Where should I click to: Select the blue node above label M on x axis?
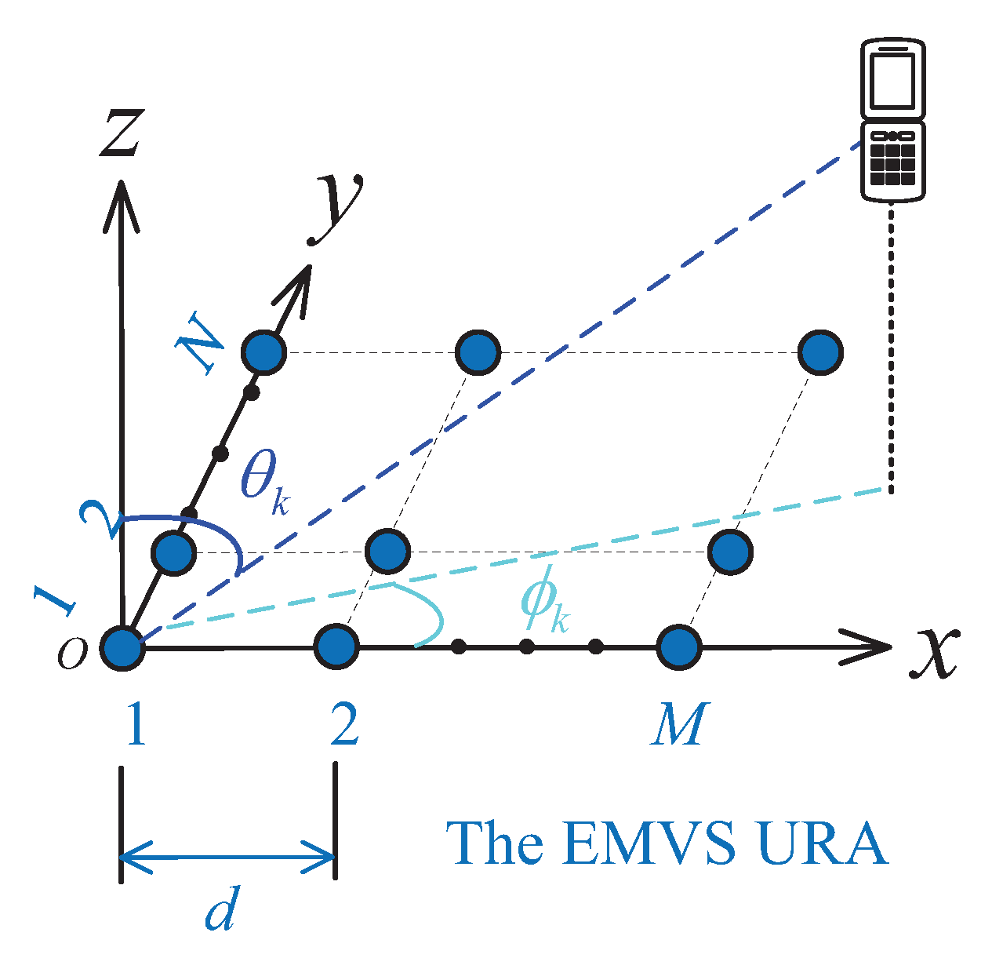click(x=678, y=648)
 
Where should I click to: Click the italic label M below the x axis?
click(x=679, y=724)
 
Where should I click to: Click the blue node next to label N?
click(x=264, y=352)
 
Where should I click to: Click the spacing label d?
click(x=220, y=910)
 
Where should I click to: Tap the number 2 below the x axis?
click(x=343, y=724)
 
